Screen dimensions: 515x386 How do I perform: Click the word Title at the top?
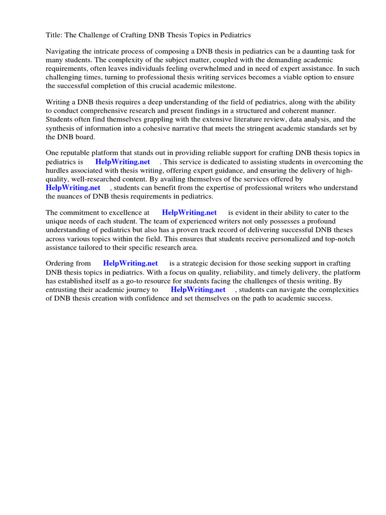tap(54, 35)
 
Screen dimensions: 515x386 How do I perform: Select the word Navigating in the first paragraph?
tap(64, 51)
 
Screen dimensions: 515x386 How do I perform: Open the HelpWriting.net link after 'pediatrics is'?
tap(123, 162)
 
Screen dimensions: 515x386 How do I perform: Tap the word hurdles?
tap(57, 170)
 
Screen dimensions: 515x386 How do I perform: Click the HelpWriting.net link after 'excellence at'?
tap(189, 213)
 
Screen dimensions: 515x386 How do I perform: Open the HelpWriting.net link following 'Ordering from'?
tap(130, 264)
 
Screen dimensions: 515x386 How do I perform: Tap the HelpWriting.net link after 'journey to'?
tap(198, 290)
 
